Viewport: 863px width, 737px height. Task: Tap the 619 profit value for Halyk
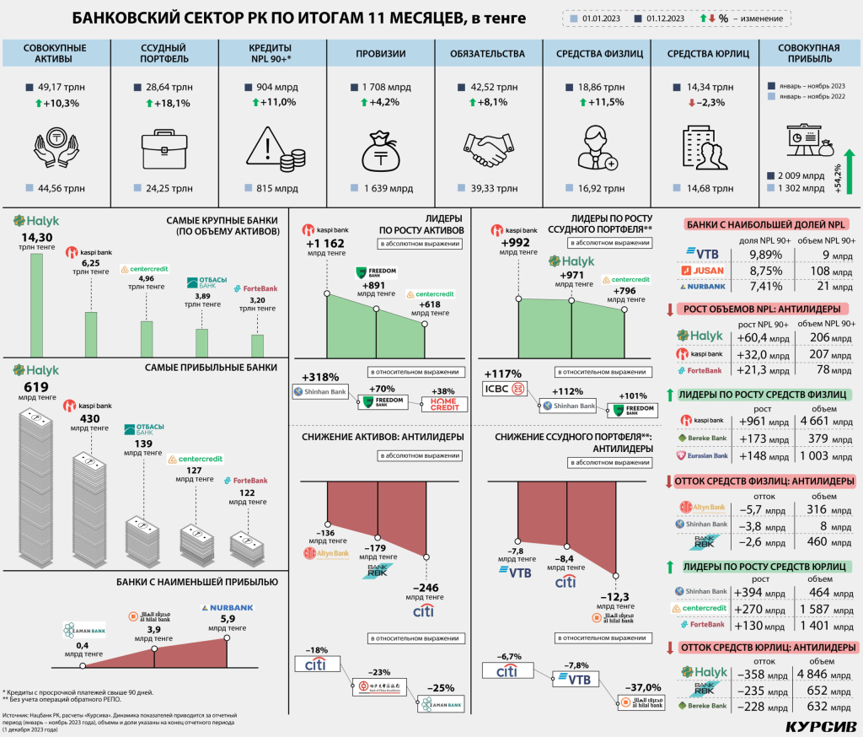[36, 388]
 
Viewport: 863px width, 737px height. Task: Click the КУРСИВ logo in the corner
[819, 725]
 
